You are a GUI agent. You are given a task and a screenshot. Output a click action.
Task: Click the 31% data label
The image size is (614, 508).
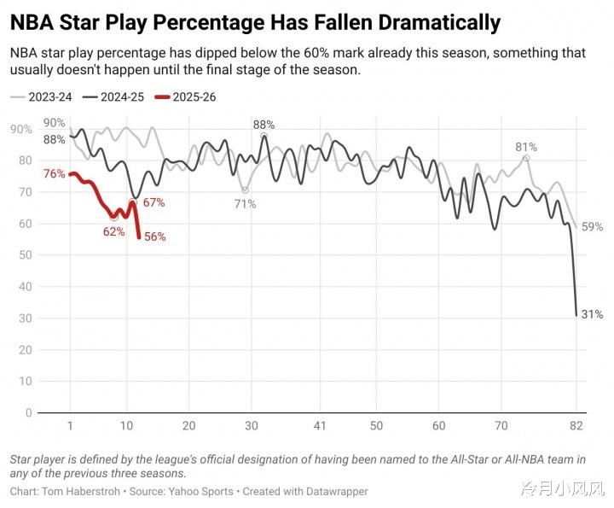pyautogui.click(x=592, y=315)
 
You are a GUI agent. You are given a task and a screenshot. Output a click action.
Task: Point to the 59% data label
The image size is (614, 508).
pyautogui.click(x=593, y=227)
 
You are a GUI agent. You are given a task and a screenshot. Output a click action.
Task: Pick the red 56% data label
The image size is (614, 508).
pyautogui.click(x=154, y=237)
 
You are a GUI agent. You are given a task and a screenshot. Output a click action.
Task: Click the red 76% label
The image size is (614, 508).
pyautogui.click(x=55, y=174)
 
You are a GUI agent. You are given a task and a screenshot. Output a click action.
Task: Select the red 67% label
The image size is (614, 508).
pyautogui.click(x=153, y=203)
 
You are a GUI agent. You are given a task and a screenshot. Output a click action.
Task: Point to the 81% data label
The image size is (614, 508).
pyautogui.click(x=526, y=147)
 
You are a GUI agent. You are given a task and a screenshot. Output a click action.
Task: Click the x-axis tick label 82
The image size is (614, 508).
pyautogui.click(x=576, y=425)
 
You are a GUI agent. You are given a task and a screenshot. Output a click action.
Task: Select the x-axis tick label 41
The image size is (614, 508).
pyautogui.click(x=320, y=425)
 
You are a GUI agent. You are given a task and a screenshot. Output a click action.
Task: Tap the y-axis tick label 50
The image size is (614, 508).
pyautogui.click(x=26, y=255)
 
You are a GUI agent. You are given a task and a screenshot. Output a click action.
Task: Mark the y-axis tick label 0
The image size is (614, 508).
pyautogui.click(x=28, y=413)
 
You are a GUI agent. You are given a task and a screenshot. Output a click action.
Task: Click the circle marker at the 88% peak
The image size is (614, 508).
pyautogui.click(x=264, y=136)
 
